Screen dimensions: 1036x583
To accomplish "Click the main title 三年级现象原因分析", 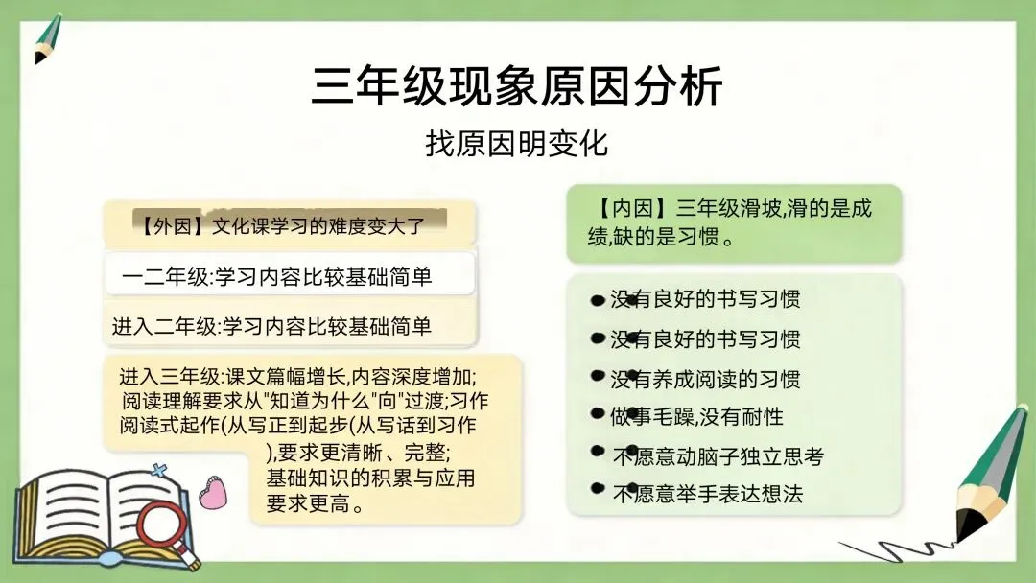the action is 517,86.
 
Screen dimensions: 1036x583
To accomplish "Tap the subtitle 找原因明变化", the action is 517,143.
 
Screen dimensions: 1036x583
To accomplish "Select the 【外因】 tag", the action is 173,225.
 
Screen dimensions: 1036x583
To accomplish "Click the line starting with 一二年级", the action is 277,276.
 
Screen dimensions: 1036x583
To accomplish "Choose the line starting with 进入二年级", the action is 271,326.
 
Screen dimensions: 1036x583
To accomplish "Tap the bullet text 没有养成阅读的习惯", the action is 705,379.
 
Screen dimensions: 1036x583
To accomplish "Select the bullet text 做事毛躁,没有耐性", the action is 696,416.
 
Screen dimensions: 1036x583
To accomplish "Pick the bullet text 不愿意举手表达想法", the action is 708,493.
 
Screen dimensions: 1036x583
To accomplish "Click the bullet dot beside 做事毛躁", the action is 598,413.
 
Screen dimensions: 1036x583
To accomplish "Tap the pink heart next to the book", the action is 213,493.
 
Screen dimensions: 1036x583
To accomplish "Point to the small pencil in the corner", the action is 47,39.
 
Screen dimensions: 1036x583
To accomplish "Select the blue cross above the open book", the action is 158,471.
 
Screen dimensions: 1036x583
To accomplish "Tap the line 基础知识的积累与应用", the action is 370,478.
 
